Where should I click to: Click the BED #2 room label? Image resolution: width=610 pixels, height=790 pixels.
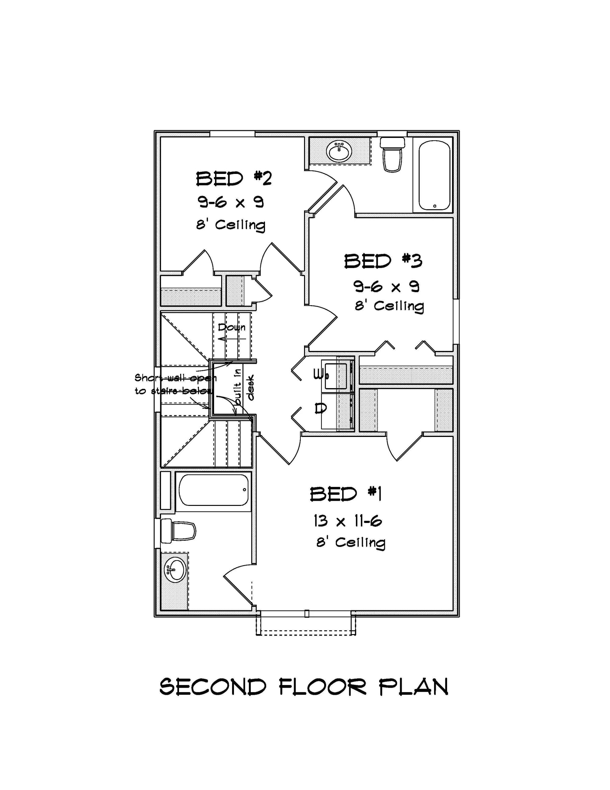pyautogui.click(x=233, y=179)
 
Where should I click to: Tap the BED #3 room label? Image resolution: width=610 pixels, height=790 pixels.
pyautogui.click(x=382, y=261)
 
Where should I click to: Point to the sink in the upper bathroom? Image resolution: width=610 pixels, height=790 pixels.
pyautogui.click(x=339, y=152)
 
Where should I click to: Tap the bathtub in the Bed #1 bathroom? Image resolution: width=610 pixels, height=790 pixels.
pyautogui.click(x=213, y=490)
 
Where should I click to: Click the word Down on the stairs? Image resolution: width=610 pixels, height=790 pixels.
pyautogui.click(x=231, y=327)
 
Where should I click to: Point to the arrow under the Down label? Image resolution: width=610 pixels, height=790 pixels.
pyautogui.click(x=231, y=339)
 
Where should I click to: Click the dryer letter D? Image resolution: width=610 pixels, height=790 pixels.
pyautogui.click(x=320, y=408)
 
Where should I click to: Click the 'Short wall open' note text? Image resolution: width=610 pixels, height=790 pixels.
pyautogui.click(x=175, y=378)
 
